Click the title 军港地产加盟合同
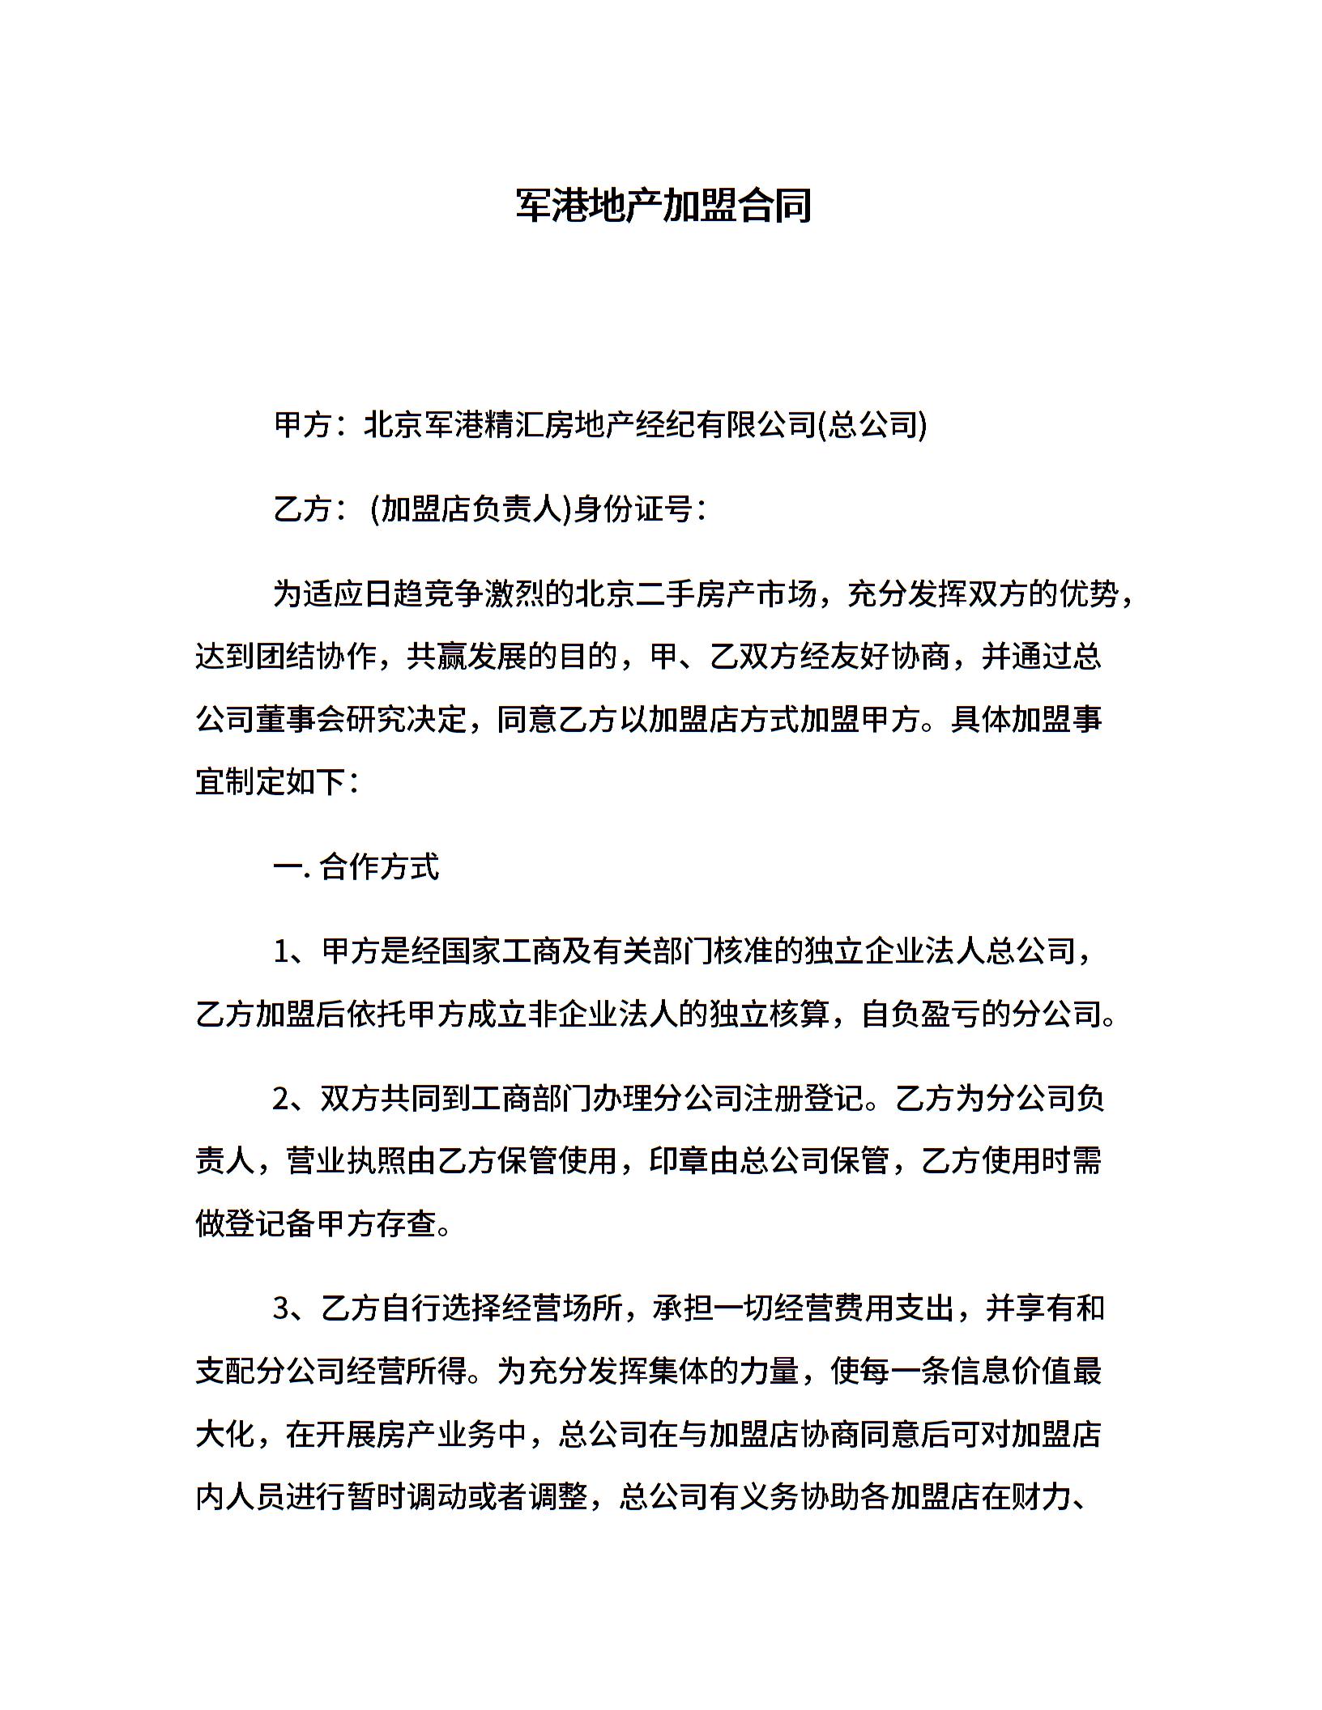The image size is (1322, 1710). coord(663,206)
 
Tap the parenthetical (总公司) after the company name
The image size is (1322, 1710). coord(872,425)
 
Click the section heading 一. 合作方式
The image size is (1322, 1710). coord(356,867)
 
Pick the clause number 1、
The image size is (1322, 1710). coord(296,952)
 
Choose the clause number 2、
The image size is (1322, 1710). coord(296,1100)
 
